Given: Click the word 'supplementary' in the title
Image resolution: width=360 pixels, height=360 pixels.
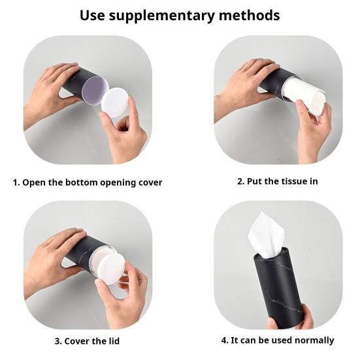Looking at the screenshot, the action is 161,16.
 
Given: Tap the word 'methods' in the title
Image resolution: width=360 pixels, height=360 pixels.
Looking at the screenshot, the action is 250,15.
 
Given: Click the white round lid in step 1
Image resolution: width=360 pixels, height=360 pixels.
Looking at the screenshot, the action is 115,103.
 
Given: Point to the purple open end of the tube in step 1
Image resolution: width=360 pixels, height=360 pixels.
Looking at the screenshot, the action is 95,90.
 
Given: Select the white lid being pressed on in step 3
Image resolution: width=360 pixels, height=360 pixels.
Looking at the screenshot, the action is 111,269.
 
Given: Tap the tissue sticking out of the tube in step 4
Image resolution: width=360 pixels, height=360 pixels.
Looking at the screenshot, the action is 267,234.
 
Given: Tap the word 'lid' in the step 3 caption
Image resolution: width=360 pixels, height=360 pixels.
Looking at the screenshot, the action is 114,341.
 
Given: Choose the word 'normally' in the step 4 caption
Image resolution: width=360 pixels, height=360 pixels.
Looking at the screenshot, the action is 314,340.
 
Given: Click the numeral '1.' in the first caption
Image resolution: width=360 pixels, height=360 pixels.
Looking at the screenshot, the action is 16,183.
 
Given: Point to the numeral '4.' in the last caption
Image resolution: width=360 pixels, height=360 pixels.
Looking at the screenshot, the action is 225,340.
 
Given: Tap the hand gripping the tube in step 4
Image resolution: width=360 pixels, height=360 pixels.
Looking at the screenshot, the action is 291,318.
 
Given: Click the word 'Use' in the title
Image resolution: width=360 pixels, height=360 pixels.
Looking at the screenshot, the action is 92,15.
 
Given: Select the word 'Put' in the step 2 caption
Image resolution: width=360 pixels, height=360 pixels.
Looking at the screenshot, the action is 254,182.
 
